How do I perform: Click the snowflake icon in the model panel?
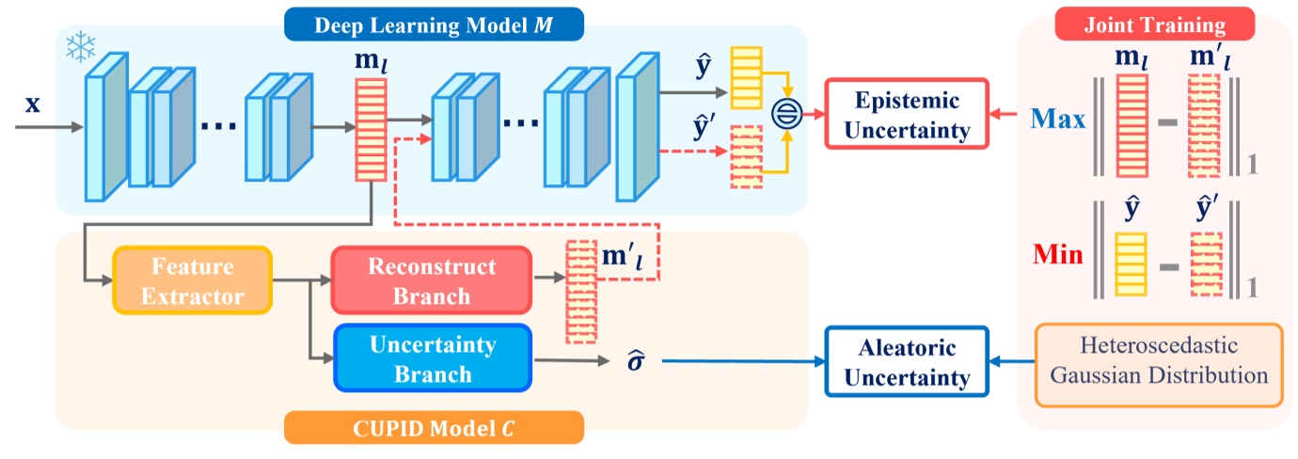tap(80, 48)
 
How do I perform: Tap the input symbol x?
tap(32, 103)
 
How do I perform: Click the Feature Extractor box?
tap(192, 280)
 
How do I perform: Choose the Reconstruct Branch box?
tap(431, 280)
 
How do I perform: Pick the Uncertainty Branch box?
tap(432, 357)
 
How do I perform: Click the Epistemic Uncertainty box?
tap(907, 115)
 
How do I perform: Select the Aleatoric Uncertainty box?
tap(907, 362)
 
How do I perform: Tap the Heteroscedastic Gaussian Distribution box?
tap(1159, 362)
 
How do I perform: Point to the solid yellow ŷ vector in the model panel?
tap(744, 78)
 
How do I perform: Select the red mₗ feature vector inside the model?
tap(368, 128)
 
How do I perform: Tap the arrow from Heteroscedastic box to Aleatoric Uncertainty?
tap(1011, 362)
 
